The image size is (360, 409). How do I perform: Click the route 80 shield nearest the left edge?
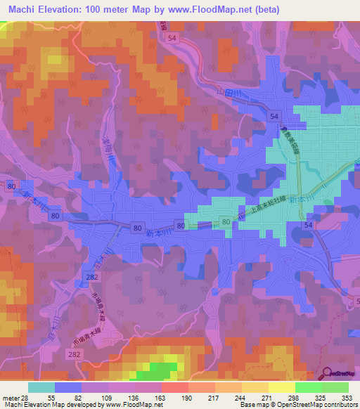point(11,186)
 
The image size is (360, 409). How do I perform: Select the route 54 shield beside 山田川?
point(275,115)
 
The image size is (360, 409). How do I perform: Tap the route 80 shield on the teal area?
point(226,222)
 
